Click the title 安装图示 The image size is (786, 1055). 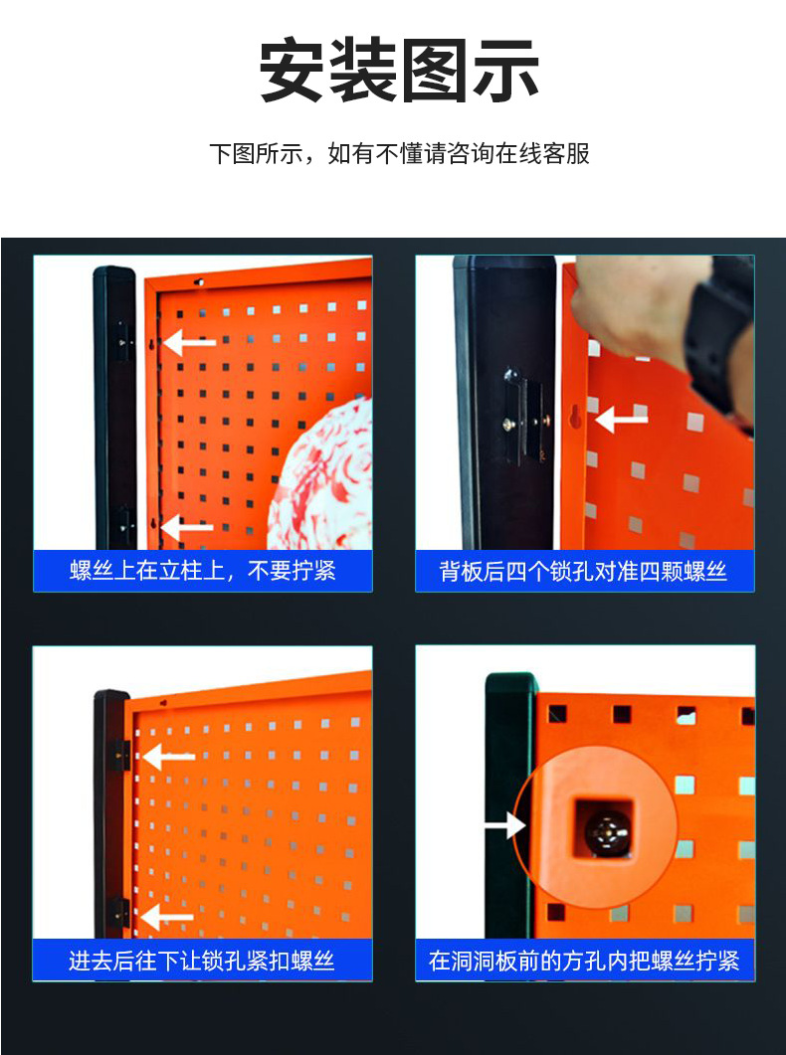398,72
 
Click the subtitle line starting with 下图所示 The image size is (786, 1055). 398,154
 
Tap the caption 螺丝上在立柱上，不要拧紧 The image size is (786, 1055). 203,571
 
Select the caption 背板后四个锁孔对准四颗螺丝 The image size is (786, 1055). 584,571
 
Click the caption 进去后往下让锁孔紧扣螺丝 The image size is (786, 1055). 202,961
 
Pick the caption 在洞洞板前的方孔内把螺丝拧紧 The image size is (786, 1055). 584,961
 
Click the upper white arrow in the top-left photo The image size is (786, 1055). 190,343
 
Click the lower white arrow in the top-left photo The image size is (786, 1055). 187,527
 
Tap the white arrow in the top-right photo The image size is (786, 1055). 621,419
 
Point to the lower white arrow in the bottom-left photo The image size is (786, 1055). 166,916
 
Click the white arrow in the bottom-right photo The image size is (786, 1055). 504,825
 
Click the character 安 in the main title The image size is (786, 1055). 294,72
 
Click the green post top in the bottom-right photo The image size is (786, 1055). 510,686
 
